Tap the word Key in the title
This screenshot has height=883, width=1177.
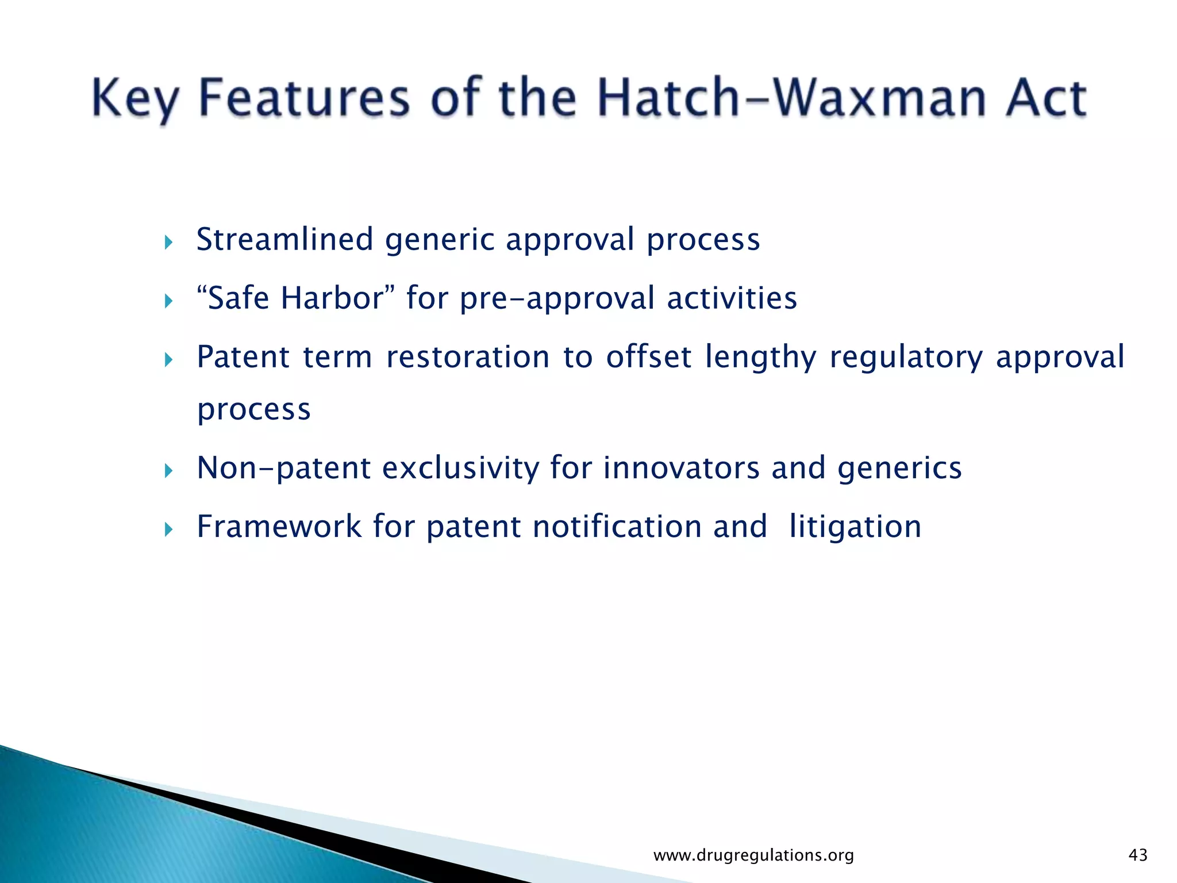point(135,99)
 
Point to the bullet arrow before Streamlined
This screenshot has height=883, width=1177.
point(168,242)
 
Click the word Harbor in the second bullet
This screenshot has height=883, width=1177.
point(332,298)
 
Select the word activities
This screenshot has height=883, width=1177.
point(732,298)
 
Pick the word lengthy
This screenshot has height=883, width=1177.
point(760,358)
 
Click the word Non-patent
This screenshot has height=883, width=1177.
point(283,468)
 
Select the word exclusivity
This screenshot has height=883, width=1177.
point(460,468)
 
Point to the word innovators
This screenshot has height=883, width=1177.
point(681,468)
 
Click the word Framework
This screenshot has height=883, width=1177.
point(279,527)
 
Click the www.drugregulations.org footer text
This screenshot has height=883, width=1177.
point(753,855)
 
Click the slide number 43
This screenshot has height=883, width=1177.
point(1138,855)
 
